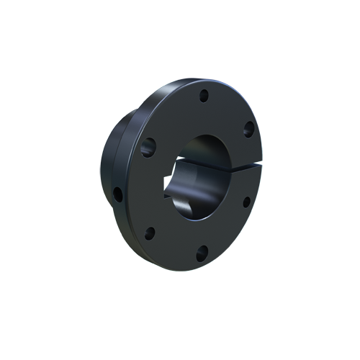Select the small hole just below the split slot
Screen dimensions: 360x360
245,201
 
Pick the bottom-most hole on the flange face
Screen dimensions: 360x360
202,251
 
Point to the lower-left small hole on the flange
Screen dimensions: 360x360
150,233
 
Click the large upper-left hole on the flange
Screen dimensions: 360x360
149,148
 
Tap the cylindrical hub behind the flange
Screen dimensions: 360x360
115,166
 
